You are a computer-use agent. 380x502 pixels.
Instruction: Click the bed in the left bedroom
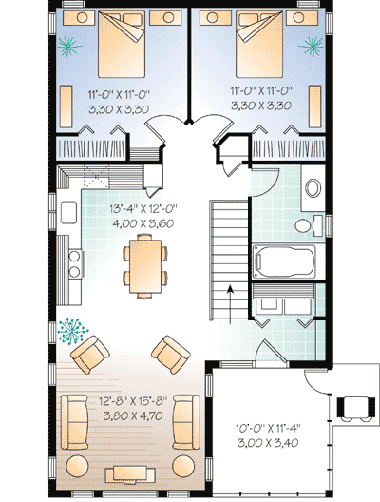click(118, 46)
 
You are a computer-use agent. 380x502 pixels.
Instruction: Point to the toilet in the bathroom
click(303, 224)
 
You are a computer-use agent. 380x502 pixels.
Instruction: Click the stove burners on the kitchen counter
click(70, 263)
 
